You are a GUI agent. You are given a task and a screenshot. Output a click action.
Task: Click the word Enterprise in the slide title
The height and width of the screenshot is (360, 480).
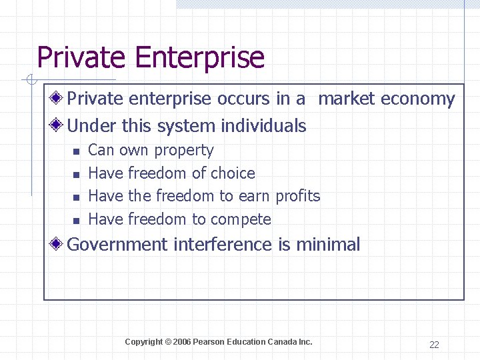[x=200, y=58]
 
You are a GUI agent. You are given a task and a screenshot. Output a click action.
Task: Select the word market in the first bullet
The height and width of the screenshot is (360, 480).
[x=347, y=99]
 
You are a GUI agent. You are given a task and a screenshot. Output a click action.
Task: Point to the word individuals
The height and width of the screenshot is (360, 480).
[x=263, y=125]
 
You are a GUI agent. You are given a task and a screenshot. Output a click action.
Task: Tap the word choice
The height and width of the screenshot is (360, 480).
[x=233, y=173]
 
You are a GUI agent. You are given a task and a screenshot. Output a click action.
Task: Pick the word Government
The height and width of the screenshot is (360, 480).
[x=118, y=245]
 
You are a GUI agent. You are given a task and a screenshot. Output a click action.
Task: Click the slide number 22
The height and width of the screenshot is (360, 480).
[x=434, y=345]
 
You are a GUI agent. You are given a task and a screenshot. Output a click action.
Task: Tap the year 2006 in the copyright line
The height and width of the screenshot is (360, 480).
[x=181, y=342]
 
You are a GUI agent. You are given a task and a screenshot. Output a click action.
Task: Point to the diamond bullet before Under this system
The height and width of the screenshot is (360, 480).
[x=58, y=125]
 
